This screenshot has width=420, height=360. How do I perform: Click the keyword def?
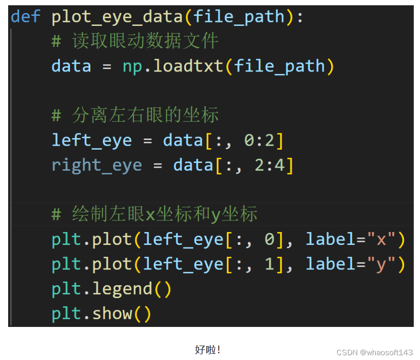click(26, 17)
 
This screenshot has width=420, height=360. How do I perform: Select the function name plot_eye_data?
click(117, 17)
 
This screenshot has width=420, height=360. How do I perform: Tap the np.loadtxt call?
click(172, 66)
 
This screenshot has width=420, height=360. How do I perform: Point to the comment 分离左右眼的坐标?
click(144, 116)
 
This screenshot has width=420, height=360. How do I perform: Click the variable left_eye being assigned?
click(92, 140)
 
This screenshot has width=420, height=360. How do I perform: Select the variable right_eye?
click(96, 165)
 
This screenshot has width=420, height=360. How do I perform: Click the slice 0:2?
click(258, 140)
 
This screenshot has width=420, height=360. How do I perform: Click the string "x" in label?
click(381, 239)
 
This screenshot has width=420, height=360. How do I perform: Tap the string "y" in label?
click(381, 264)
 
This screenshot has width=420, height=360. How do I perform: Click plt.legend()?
click(111, 289)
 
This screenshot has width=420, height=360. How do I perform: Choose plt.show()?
click(101, 314)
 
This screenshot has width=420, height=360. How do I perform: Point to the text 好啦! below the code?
click(208, 349)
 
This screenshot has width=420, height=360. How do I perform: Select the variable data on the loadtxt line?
click(71, 66)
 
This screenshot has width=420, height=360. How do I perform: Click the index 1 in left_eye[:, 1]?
click(269, 264)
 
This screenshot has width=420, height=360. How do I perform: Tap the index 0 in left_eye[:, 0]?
click(269, 239)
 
